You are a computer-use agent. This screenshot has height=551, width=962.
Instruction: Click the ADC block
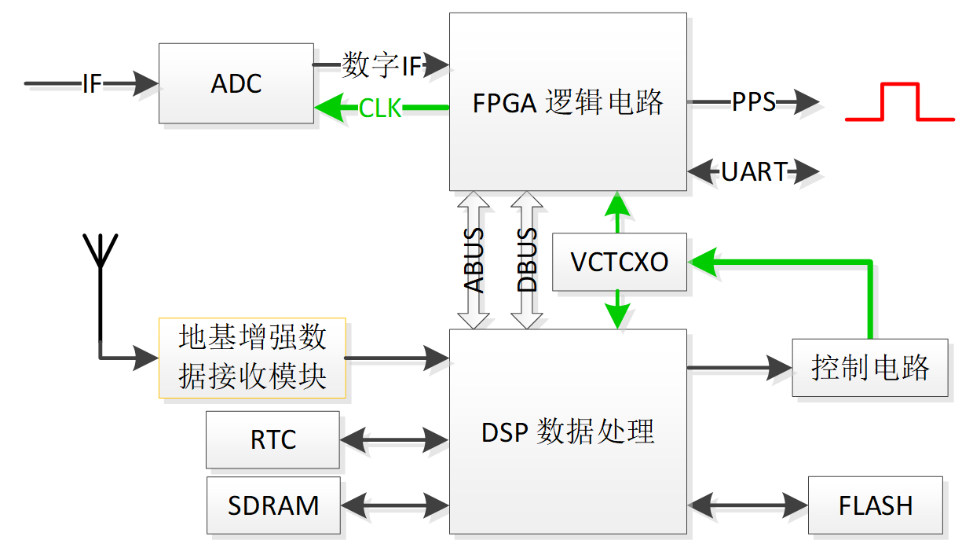pyautogui.click(x=236, y=83)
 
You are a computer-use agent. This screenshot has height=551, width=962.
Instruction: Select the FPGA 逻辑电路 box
pyautogui.click(x=568, y=101)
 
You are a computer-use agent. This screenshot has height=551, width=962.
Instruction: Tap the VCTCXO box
pyautogui.click(x=619, y=262)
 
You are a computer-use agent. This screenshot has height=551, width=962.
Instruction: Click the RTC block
pyautogui.click(x=273, y=439)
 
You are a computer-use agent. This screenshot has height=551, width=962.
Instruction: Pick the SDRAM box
pyautogui.click(x=273, y=505)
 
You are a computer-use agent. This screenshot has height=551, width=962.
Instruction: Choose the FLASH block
pyautogui.click(x=875, y=505)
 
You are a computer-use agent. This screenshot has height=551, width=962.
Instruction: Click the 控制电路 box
pyautogui.click(x=869, y=367)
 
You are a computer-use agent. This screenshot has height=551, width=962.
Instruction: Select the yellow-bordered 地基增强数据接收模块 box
pyautogui.click(x=252, y=358)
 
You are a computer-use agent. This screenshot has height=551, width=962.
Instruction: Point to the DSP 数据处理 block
pyautogui.click(x=568, y=432)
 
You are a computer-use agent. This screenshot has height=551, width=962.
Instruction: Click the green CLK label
pyautogui.click(x=380, y=108)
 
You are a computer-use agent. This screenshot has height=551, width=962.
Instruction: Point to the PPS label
pyautogui.click(x=753, y=101)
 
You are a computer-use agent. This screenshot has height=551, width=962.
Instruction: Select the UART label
pyautogui.click(x=753, y=171)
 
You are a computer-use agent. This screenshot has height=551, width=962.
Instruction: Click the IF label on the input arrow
pyautogui.click(x=92, y=83)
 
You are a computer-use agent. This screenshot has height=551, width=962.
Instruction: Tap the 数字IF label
pyautogui.click(x=382, y=66)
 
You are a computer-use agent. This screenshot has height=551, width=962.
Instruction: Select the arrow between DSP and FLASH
pyautogui.click(x=748, y=504)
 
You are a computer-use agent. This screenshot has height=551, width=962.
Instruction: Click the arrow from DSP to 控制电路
pyautogui.click(x=739, y=367)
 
